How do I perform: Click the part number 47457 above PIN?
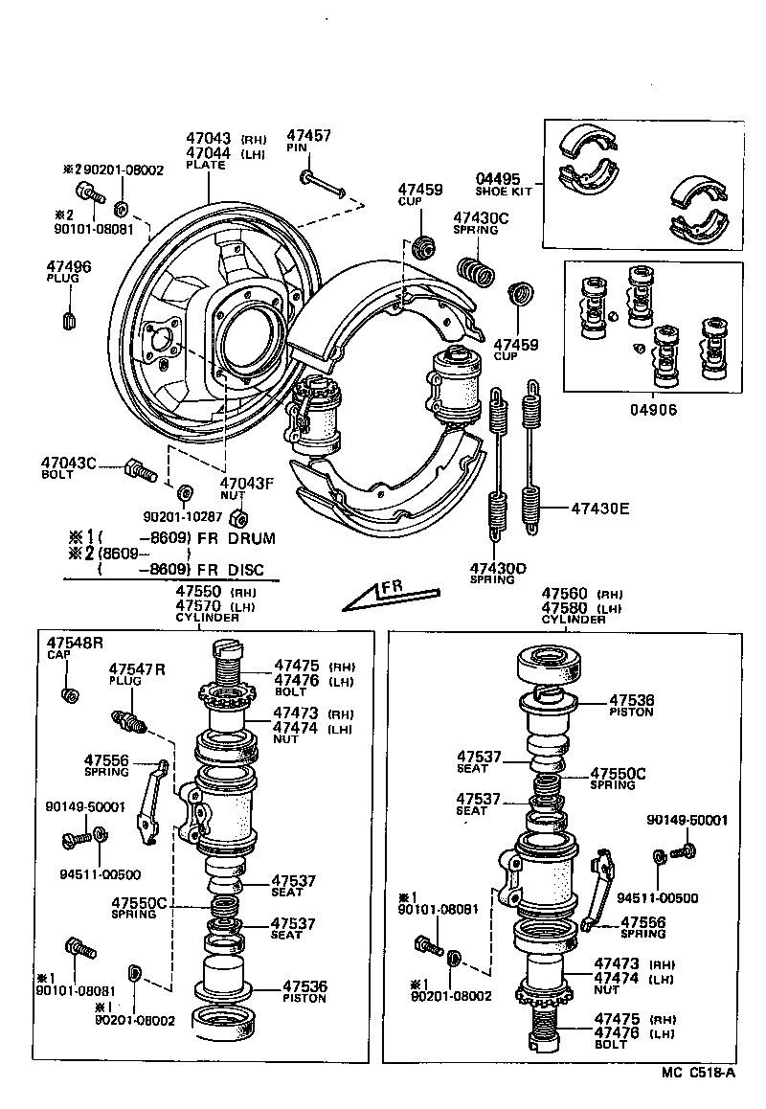(308, 136)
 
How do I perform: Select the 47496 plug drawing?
(69, 318)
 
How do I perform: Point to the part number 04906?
(653, 409)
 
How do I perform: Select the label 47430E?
(600, 509)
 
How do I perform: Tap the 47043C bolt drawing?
(140, 471)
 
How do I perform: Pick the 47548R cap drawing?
(69, 693)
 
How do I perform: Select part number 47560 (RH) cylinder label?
(566, 594)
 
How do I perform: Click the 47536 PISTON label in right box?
(630, 705)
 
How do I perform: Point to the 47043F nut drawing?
(241, 518)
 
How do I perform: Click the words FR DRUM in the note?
(236, 538)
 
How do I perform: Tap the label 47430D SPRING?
(498, 573)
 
